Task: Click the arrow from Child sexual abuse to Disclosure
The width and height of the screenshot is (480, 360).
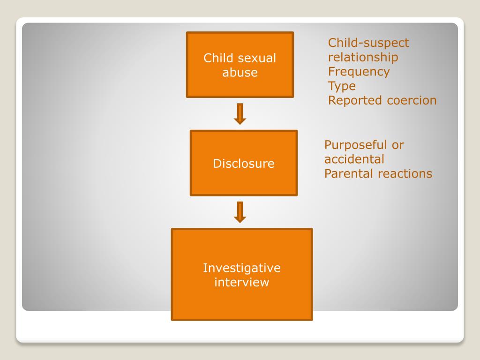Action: point(240,114)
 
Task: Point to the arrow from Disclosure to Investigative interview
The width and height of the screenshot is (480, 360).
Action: point(240,212)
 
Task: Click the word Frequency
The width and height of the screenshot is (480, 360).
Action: point(359,72)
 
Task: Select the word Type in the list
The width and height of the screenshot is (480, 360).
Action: point(342,86)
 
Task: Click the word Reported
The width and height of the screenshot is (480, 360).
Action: point(355,100)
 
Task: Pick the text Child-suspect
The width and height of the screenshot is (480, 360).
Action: point(368,43)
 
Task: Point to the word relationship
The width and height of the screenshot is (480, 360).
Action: point(363,58)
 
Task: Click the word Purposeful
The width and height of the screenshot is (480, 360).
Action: point(355,145)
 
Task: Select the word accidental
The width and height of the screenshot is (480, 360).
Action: point(354,159)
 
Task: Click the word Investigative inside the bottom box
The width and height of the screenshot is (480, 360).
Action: point(241,268)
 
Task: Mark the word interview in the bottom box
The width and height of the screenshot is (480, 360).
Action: point(241,283)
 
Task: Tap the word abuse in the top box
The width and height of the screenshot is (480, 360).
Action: point(240,73)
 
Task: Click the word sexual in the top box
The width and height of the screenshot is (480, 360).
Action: point(257,58)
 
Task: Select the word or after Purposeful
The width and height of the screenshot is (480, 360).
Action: point(397,145)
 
